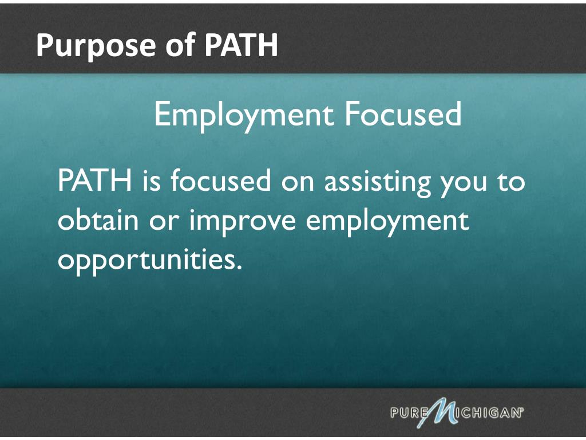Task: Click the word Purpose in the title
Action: [96, 45]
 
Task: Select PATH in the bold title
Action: [241, 45]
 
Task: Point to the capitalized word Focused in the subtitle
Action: [403, 114]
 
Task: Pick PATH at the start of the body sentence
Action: [95, 180]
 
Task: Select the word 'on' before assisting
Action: [298, 183]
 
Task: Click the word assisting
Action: [378, 182]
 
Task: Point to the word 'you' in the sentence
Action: [464, 185]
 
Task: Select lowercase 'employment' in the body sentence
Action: [387, 222]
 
